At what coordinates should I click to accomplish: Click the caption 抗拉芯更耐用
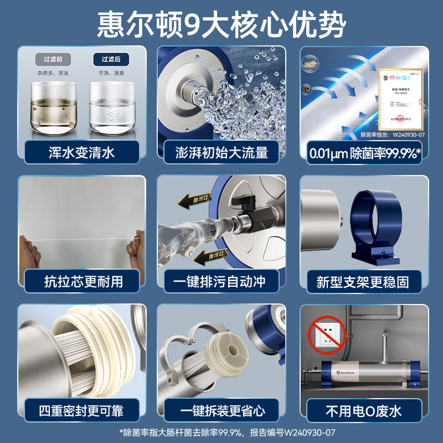pos(81,281)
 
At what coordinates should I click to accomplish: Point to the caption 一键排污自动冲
pos(221,281)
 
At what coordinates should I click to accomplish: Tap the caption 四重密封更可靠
pos(81,410)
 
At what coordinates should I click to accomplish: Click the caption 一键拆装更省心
pos(221,410)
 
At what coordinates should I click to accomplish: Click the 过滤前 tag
pos(53,59)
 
